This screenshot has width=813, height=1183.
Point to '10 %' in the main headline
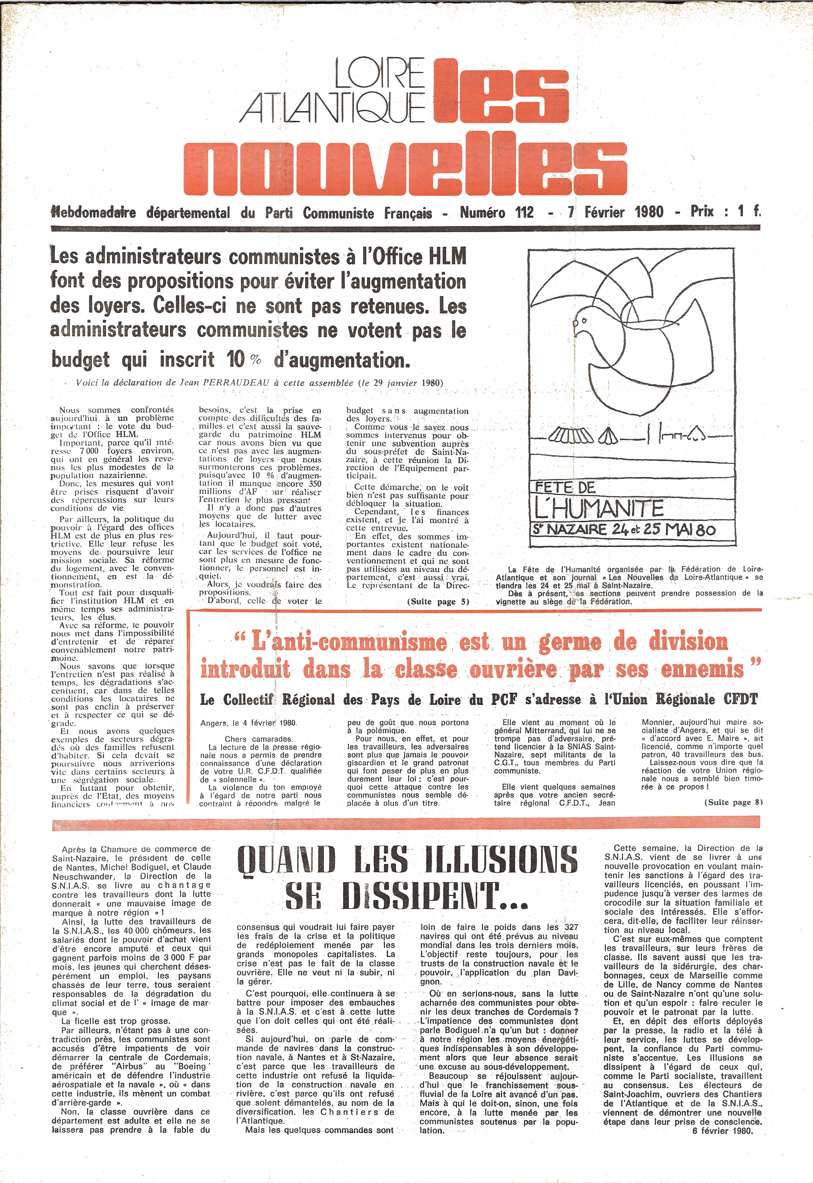(243, 360)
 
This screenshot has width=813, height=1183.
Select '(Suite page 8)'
(733, 802)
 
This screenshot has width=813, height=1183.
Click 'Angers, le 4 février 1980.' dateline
(249, 723)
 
